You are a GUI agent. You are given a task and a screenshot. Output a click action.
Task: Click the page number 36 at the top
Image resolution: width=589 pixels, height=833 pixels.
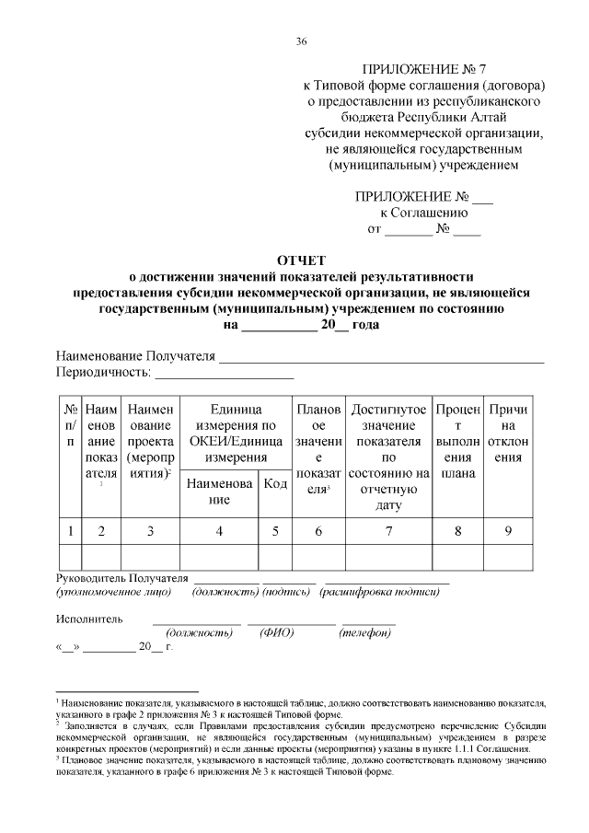click(x=302, y=41)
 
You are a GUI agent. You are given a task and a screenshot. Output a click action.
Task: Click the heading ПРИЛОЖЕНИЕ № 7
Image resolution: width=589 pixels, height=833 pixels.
click(x=423, y=69)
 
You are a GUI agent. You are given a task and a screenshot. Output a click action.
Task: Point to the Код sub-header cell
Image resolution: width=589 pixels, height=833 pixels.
click(x=275, y=485)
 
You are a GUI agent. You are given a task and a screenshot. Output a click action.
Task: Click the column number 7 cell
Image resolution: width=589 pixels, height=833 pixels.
click(x=389, y=530)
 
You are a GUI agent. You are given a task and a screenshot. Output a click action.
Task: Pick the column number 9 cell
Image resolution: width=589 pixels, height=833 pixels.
click(x=508, y=530)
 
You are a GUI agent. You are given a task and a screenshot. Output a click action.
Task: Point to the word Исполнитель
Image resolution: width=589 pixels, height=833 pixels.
click(x=88, y=619)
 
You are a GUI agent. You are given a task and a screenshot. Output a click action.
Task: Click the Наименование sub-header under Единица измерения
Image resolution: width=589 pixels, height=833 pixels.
click(x=219, y=492)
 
